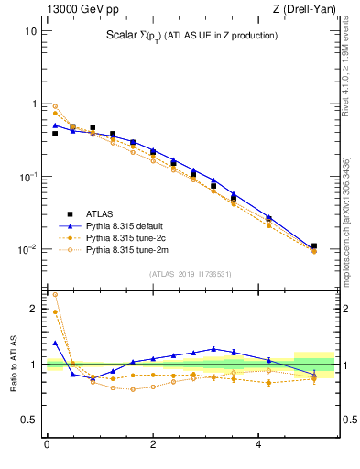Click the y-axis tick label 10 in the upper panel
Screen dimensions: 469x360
click(30, 30)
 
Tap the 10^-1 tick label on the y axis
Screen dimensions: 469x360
click(28, 176)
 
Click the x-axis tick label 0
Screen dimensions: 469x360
click(47, 445)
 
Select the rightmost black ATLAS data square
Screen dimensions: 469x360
click(314, 246)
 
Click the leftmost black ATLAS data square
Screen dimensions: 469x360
click(55, 134)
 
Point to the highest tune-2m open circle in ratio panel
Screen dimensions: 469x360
click(55, 295)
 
